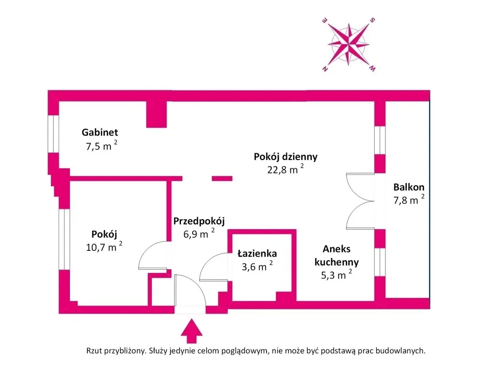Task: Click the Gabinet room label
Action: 100,133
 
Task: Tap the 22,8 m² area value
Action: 285,169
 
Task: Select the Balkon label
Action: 409,187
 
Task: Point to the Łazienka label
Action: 257,253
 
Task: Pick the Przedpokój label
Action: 199,221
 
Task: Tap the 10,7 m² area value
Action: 104,246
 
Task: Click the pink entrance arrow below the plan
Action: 191,331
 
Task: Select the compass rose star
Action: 349,44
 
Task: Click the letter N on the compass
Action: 325,69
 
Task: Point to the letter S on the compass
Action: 372,20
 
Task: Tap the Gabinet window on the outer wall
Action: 53,134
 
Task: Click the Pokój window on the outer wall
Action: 64,239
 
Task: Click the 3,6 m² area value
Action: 257,266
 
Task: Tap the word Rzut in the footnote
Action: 94,351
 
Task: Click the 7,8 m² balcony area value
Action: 409,199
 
